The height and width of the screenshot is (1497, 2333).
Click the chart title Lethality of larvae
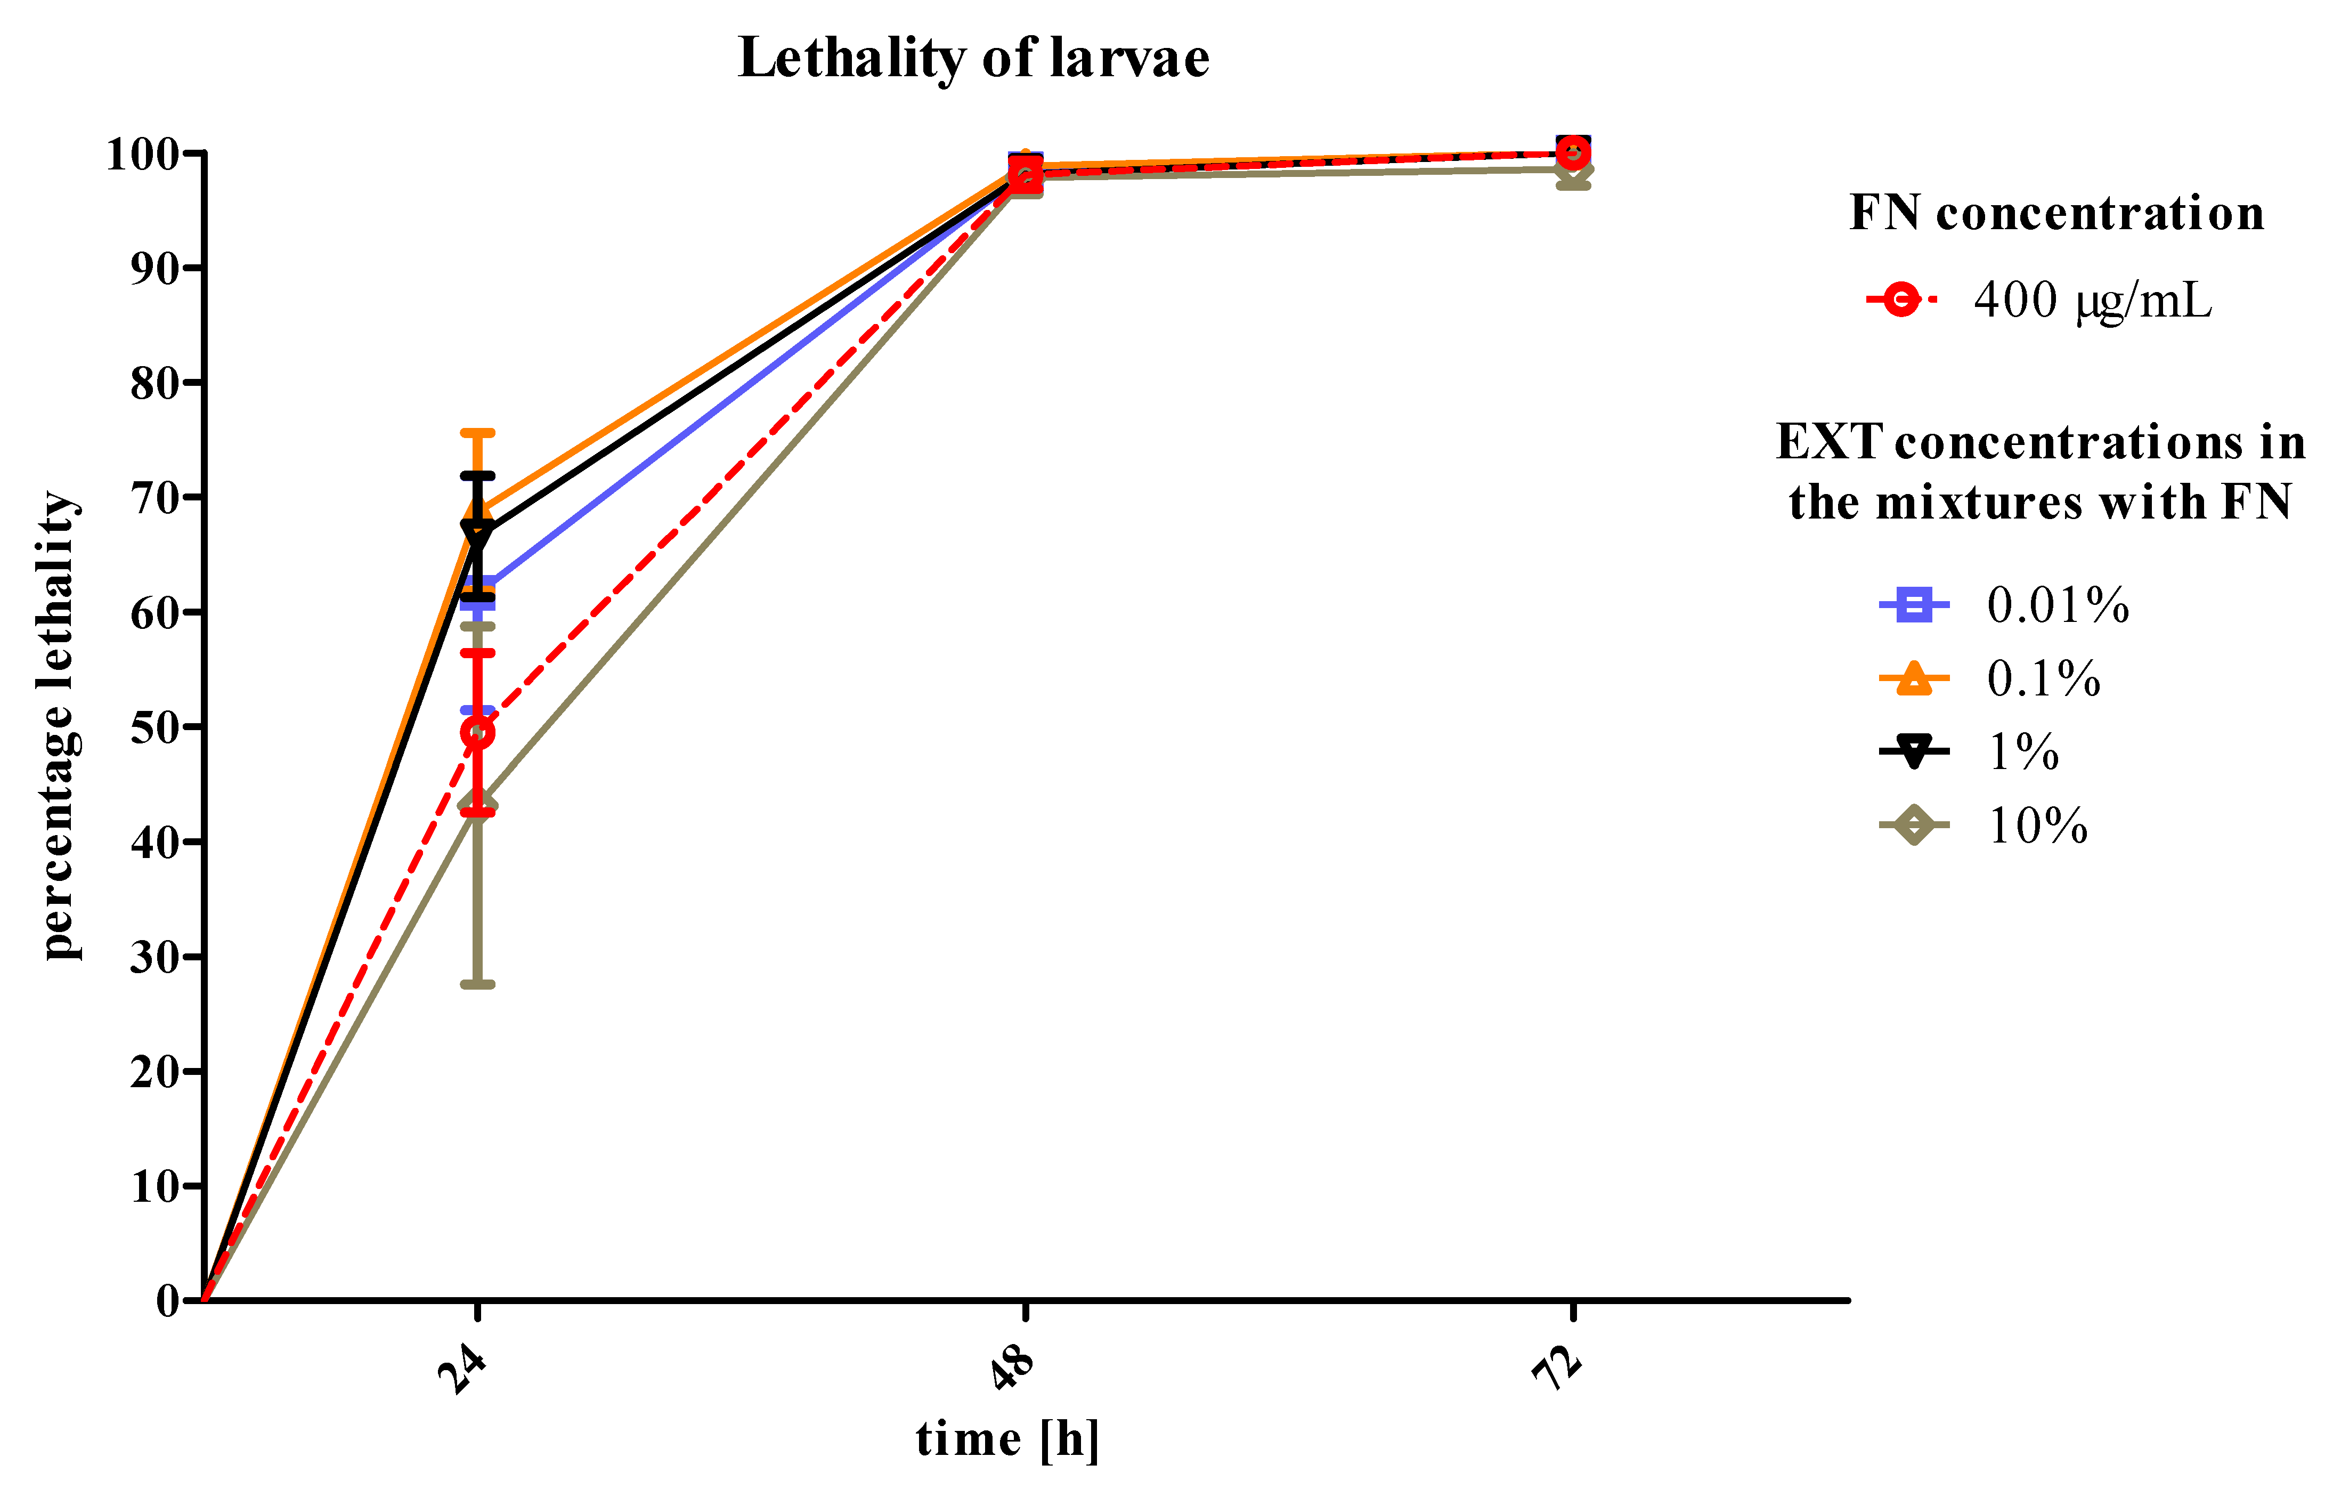(973, 58)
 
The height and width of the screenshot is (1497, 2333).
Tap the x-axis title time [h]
(1007, 1439)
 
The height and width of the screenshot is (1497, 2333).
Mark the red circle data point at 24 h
(477, 732)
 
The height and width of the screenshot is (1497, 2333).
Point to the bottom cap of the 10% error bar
(477, 985)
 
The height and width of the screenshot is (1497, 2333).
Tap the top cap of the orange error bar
(477, 433)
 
